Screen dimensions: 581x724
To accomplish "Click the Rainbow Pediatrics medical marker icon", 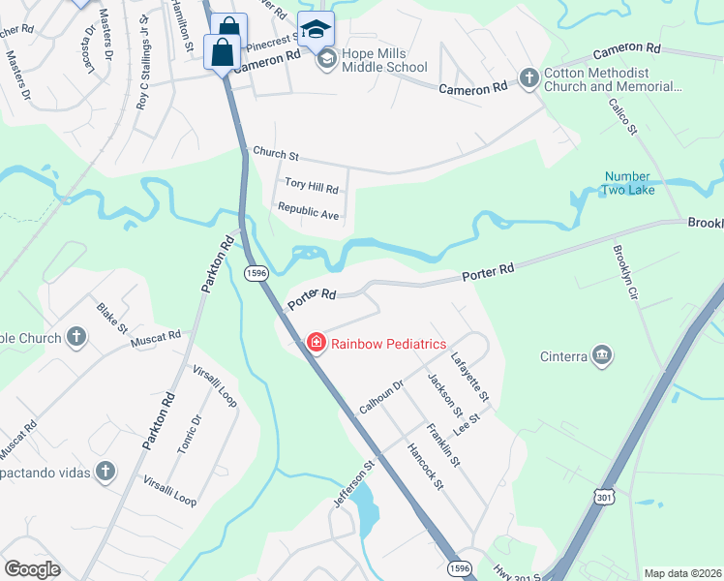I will (x=316, y=342).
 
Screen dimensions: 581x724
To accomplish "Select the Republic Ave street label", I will (x=308, y=211).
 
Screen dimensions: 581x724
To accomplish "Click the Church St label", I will (x=276, y=154).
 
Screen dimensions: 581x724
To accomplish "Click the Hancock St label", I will (x=426, y=465).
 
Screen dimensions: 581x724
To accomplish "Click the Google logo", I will (x=32, y=569).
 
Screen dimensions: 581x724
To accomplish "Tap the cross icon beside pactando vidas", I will (x=105, y=472).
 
